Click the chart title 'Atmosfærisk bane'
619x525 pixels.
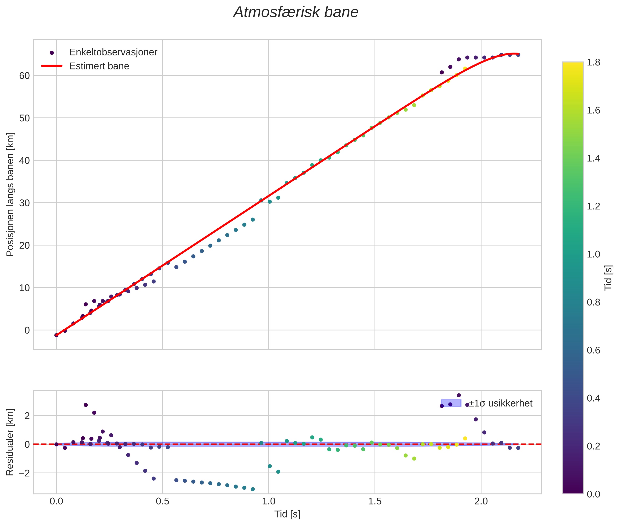point(296,12)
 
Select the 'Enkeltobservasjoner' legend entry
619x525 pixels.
point(113,52)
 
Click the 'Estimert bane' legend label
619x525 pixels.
point(99,66)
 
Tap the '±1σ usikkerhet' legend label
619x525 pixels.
point(501,404)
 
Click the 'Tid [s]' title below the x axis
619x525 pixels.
point(287,514)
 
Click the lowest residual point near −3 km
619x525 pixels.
point(253,489)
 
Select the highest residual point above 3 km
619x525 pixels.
point(459,396)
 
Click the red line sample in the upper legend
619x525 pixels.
point(52,66)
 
